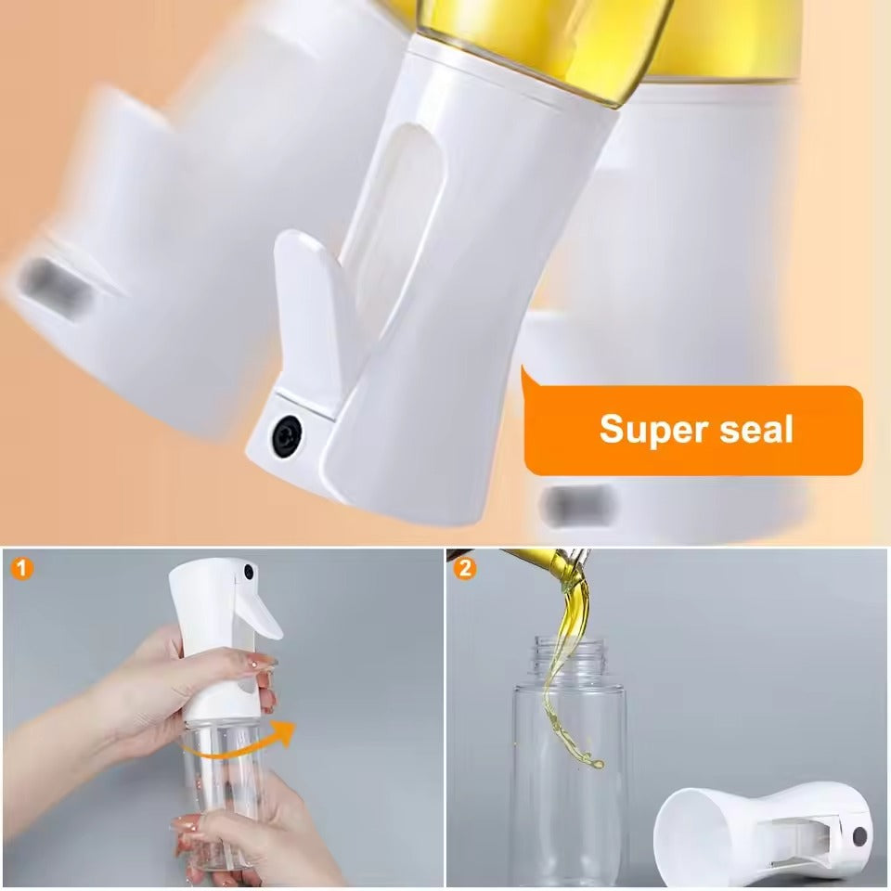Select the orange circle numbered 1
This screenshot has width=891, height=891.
[x=19, y=567]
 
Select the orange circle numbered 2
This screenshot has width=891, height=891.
[x=465, y=567]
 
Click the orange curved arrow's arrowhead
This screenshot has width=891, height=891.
[x=284, y=730]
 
